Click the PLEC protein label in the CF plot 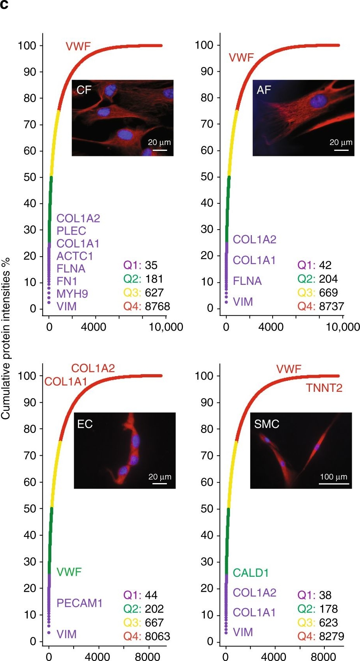coord(71,231)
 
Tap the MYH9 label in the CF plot coord(72,293)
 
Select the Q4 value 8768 coord(157,306)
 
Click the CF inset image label coord(84,90)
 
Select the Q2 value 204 coord(328,279)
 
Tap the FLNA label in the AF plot coord(247,281)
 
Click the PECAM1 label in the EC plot coord(80,603)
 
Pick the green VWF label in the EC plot coord(69,572)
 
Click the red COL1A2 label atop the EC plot coord(93,368)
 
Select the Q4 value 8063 coord(157,636)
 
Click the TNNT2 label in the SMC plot coord(324,388)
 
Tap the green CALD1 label coord(251,573)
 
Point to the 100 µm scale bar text coord(334,476)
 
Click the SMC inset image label coord(266,424)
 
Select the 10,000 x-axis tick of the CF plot coord(166,327)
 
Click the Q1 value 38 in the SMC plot coord(325,595)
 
